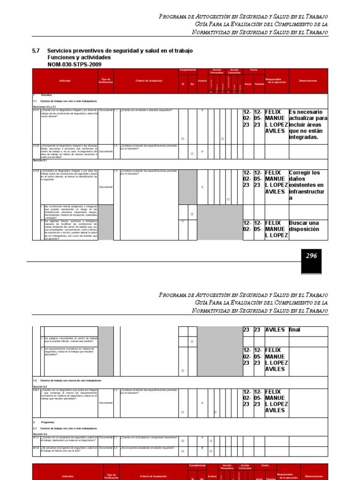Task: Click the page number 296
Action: (x=311, y=256)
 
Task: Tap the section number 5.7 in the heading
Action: (x=37, y=51)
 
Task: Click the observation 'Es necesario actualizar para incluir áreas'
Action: (x=308, y=125)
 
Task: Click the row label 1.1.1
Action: (x=36, y=110)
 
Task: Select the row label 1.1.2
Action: (x=36, y=146)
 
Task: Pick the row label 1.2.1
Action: (x=36, y=390)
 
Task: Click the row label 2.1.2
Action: (x=36, y=448)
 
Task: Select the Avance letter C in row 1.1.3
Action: (x=202, y=187)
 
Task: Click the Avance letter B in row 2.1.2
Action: (x=202, y=448)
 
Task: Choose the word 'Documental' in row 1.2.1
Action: (x=106, y=403)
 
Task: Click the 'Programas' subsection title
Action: (x=48, y=422)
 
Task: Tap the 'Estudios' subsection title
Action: (x=47, y=95)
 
